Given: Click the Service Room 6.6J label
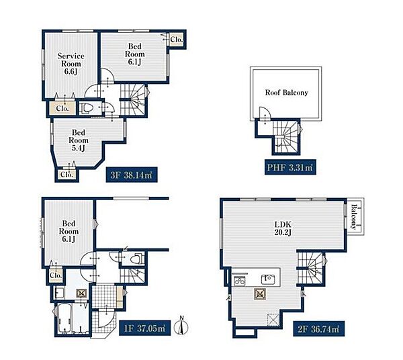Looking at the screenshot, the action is pyautogui.click(x=71, y=64).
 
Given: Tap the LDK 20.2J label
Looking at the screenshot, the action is pyautogui.click(x=283, y=228).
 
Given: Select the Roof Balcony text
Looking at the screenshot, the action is pyautogui.click(x=287, y=93).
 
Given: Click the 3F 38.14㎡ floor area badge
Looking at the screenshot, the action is pyautogui.click(x=132, y=175).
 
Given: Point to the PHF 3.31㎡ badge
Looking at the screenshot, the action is pyautogui.click(x=290, y=167).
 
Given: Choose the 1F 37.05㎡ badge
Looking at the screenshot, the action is pyautogui.click(x=144, y=328).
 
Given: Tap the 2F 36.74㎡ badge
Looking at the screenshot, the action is pyautogui.click(x=318, y=329).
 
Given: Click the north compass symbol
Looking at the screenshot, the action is pyautogui.click(x=181, y=326).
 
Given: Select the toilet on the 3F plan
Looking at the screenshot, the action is pyautogui.click(x=85, y=108).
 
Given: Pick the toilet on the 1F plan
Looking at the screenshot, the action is pyautogui.click(x=136, y=259).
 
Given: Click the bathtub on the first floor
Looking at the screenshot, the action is pyautogui.click(x=64, y=318).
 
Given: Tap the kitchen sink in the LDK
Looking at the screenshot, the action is pyautogui.click(x=268, y=279).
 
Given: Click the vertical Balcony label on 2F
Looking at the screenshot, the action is pyautogui.click(x=354, y=217).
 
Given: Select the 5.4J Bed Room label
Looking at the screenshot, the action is pyautogui.click(x=79, y=140).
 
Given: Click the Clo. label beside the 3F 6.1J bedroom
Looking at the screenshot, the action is pyautogui.click(x=177, y=40).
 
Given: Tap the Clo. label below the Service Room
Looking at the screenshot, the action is pyautogui.click(x=62, y=108).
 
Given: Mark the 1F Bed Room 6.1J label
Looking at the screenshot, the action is pyautogui.click(x=69, y=231).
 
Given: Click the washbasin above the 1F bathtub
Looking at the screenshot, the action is pyautogui.click(x=59, y=293).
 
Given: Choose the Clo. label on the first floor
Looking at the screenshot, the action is pyautogui.click(x=56, y=275).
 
